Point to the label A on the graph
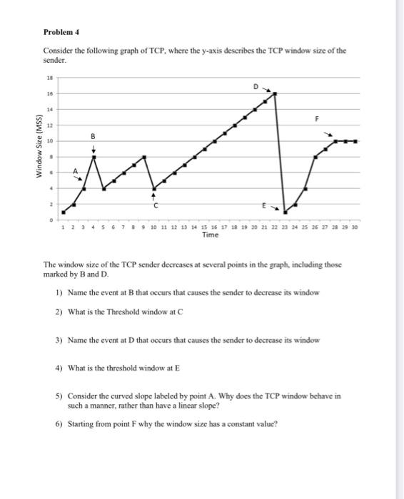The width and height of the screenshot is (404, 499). (72, 171)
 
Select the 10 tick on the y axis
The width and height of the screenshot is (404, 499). (50, 141)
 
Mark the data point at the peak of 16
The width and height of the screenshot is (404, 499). (275, 93)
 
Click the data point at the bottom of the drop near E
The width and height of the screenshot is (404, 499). (286, 212)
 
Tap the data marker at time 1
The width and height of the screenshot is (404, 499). (64, 212)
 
